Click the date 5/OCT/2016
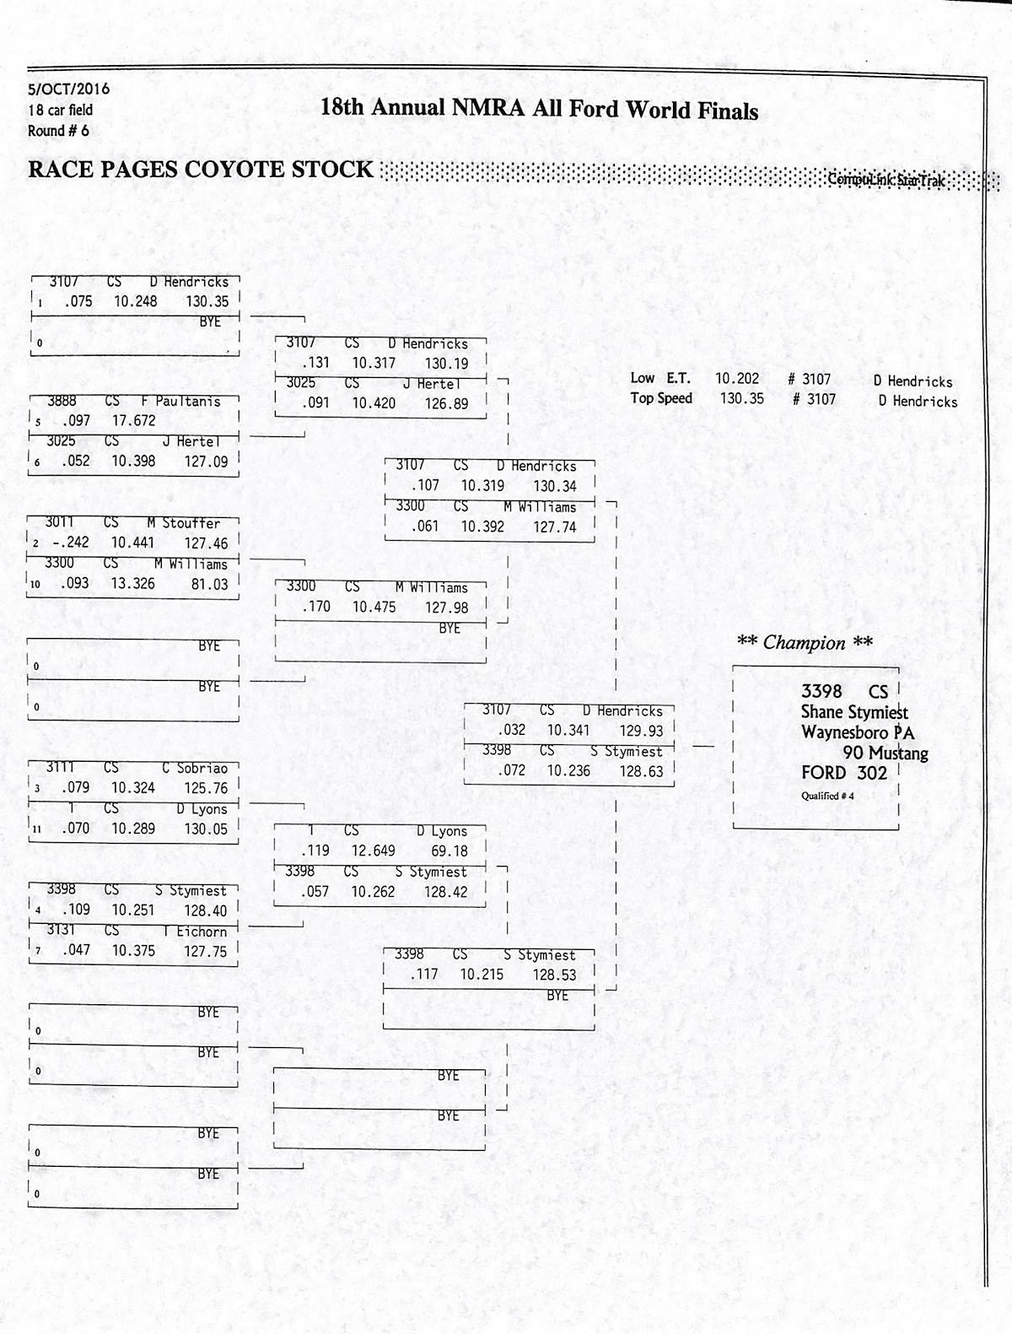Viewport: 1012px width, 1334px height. (68, 89)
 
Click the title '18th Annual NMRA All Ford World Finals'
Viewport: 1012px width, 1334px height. (539, 110)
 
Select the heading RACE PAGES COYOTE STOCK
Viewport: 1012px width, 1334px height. (201, 170)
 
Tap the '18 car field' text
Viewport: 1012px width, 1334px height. (60, 110)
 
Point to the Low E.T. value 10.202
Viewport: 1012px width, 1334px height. (737, 379)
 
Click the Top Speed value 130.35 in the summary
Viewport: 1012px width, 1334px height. (741, 399)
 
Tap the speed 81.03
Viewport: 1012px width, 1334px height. (209, 583)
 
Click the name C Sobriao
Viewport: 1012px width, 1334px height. (195, 768)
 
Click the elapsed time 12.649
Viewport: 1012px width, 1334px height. (373, 851)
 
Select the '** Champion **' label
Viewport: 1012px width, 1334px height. (805, 643)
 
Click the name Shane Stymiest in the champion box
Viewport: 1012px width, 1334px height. (854, 712)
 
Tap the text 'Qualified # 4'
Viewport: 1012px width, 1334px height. (827, 796)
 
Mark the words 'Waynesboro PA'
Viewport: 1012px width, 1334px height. (858, 732)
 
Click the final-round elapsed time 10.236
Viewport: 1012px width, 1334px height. (568, 770)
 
